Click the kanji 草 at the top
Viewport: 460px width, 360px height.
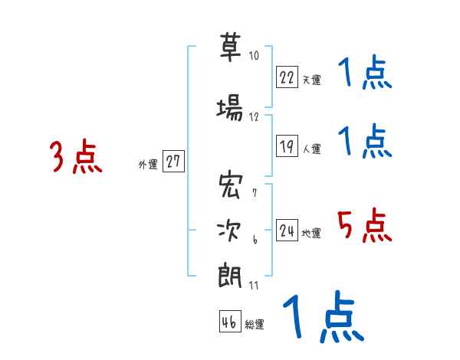(231, 48)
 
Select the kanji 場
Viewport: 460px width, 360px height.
(231, 110)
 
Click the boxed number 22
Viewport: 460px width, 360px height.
(287, 77)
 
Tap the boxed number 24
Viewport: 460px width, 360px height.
(287, 231)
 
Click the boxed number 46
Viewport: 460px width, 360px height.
(229, 322)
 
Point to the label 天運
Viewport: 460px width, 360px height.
(311, 80)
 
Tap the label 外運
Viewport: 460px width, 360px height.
(147, 164)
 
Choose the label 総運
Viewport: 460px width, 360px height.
(255, 325)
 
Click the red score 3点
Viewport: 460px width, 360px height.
(76, 157)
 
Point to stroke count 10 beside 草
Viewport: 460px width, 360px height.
(254, 56)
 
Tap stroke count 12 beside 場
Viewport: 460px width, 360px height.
(254, 117)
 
